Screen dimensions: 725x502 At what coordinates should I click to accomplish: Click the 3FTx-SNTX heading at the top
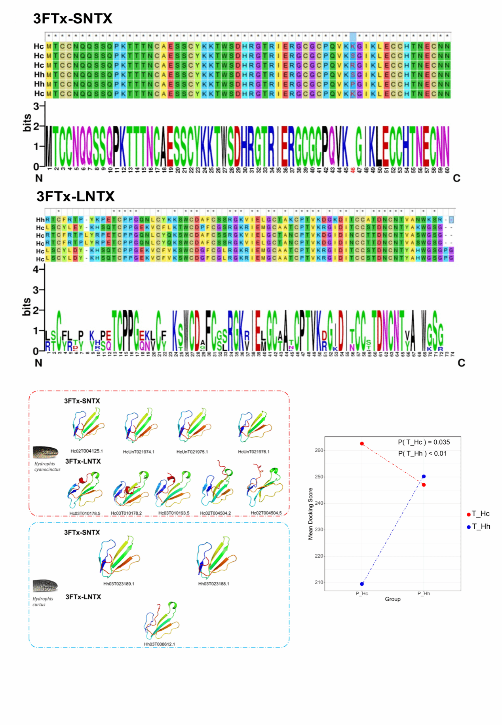click(x=73, y=19)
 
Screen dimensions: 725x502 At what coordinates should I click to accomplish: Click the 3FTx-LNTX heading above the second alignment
click(x=76, y=196)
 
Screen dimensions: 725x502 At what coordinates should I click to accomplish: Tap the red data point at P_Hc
click(x=362, y=444)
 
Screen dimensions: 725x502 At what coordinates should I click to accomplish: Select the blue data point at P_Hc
click(x=362, y=584)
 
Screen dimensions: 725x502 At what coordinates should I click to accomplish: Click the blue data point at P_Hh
click(x=424, y=477)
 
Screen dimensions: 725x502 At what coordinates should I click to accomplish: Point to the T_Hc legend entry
click(x=480, y=514)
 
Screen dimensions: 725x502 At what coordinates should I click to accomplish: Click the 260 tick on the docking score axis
click(x=319, y=451)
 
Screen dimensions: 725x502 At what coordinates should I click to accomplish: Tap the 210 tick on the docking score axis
click(x=319, y=582)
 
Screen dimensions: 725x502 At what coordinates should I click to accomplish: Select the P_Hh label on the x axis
click(x=424, y=593)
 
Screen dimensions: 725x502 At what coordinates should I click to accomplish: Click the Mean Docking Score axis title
click(x=311, y=514)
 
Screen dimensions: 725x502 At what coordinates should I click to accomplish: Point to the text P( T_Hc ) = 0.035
click(x=424, y=442)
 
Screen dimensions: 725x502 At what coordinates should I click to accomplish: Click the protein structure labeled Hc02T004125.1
click(x=87, y=425)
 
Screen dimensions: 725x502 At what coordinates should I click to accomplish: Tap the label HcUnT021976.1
click(x=253, y=452)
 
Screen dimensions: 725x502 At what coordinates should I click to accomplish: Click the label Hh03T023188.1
click(x=214, y=584)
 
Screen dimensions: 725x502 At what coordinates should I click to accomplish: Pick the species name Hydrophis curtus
click(x=42, y=602)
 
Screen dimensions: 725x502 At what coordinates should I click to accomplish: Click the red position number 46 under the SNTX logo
click(x=353, y=170)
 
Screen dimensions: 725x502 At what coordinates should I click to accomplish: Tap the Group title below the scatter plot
click(x=392, y=599)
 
